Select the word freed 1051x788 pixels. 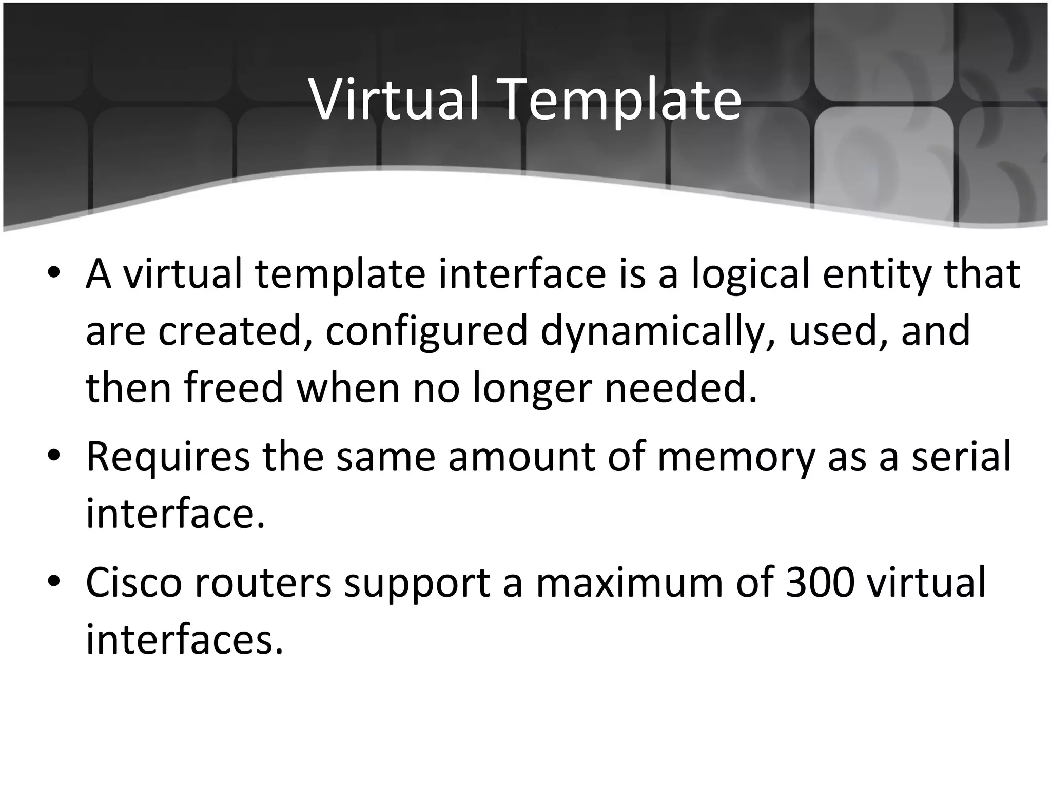[234, 387]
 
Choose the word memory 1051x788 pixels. [735, 458]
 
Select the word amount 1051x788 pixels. [521, 457]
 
